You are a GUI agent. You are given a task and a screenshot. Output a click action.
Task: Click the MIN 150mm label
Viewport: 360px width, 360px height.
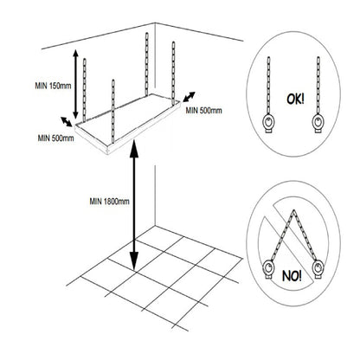(53, 86)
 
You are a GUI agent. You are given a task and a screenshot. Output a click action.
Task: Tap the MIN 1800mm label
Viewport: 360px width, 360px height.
(109, 201)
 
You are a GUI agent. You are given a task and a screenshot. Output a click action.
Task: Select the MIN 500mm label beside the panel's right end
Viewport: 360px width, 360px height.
(203, 111)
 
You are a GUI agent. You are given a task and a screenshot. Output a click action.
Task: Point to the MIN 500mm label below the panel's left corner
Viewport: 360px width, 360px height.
(55, 138)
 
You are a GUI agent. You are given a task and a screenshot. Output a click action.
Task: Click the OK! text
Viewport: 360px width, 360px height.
(295, 100)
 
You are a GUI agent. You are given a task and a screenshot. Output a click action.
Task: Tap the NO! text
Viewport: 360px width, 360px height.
(292, 276)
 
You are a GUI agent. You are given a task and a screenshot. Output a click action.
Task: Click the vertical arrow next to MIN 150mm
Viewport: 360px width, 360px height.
(75, 84)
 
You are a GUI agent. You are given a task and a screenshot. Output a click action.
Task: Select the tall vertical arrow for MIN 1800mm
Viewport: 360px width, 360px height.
(133, 205)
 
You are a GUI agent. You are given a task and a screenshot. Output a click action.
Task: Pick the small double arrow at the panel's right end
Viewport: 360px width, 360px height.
(189, 97)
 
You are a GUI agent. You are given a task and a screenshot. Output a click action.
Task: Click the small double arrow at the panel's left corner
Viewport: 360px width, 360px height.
(67, 122)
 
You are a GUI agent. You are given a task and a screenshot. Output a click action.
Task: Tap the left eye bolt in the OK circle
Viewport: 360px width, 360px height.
(268, 124)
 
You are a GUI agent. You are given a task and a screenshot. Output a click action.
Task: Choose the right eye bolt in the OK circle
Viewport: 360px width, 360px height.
(318, 124)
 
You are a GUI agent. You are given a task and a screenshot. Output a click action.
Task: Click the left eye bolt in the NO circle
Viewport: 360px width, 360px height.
(268, 269)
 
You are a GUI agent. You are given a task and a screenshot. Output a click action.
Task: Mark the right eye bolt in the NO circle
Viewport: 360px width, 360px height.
(318, 269)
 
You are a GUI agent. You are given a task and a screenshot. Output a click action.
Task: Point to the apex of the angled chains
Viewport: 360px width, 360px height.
(293, 210)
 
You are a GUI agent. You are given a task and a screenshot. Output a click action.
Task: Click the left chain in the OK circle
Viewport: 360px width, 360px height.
(268, 86)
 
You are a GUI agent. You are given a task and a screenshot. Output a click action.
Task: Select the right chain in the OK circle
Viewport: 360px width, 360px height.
(318, 86)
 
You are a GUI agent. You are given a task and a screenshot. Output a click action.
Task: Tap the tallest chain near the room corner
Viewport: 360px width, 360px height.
(146, 64)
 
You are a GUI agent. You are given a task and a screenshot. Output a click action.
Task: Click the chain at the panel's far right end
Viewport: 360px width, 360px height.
(173, 74)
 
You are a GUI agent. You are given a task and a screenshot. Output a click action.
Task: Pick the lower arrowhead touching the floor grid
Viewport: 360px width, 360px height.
(134, 261)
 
